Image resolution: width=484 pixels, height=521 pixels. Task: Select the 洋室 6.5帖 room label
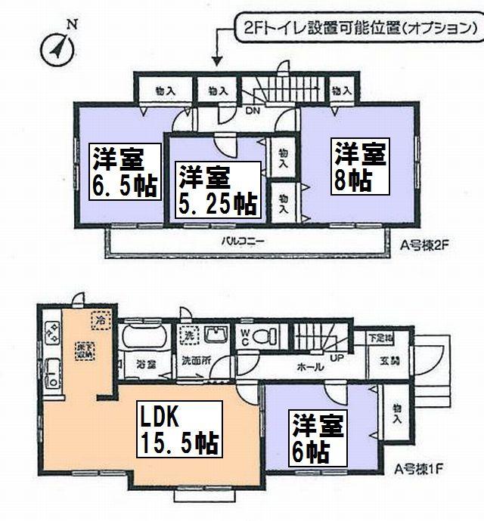[126, 171]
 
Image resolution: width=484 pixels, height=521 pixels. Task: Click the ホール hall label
[312, 368]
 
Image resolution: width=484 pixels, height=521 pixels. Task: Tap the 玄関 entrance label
[382, 362]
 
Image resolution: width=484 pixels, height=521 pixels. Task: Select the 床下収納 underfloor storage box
[83, 354]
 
